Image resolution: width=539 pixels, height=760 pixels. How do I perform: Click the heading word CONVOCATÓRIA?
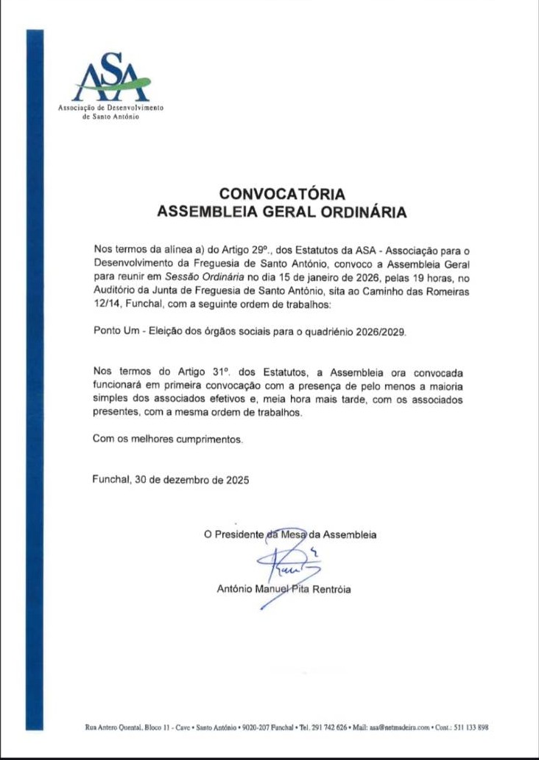[x=283, y=195]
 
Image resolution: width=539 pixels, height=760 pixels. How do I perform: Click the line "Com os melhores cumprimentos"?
[x=167, y=439]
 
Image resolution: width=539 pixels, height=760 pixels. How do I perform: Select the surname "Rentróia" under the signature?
[x=331, y=589]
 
